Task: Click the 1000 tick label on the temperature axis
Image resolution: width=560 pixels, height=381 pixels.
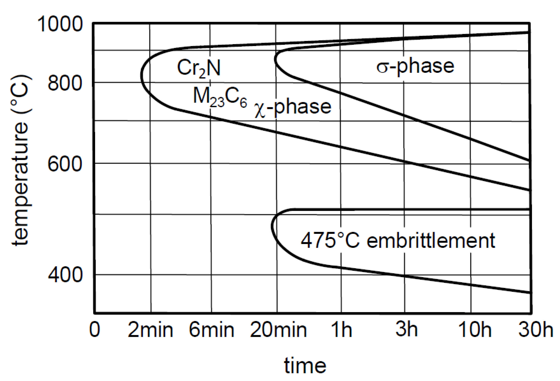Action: coord(60,25)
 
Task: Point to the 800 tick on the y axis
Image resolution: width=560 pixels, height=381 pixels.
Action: coord(65,83)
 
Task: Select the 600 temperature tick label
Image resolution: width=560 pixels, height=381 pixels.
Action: coord(65,164)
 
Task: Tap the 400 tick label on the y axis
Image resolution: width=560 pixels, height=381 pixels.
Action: coord(65,275)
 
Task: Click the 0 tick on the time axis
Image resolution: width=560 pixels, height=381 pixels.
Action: coord(95,330)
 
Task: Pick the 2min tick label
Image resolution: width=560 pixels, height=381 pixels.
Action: coord(150,330)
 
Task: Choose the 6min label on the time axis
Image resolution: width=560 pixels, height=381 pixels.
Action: coord(211,330)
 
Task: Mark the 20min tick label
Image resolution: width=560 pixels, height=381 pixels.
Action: coord(278,330)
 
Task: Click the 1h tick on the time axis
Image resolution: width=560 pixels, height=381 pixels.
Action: coord(341,330)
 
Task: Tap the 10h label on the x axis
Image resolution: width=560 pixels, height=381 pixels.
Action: coord(475,330)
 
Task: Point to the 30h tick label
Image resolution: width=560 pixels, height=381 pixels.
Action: coord(536,330)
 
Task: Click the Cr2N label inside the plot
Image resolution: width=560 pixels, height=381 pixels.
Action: coord(199,68)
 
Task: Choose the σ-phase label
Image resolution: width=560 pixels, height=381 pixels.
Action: coord(415,66)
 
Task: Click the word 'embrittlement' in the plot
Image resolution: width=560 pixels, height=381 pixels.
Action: coord(431,240)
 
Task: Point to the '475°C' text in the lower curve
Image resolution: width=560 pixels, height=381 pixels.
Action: coord(330,240)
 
